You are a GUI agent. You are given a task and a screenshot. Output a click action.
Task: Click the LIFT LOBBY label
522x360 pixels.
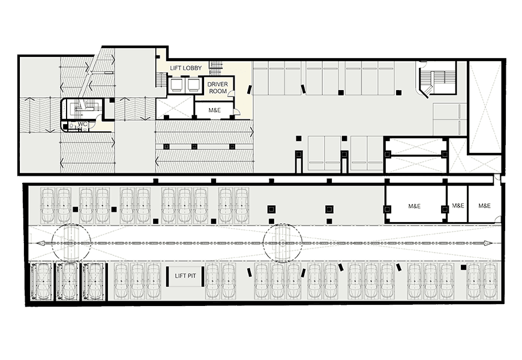point(186,68)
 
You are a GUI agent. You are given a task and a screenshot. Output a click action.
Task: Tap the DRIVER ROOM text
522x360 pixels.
point(218,88)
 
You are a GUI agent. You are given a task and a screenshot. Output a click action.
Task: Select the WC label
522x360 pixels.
point(83,124)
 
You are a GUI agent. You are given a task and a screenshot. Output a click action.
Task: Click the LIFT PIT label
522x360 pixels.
point(185,276)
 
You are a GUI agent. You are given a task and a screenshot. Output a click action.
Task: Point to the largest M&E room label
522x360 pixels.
point(414,206)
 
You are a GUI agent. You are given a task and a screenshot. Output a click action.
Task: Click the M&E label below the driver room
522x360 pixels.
point(214,110)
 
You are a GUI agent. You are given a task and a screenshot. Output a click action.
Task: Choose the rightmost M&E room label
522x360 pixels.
point(484,206)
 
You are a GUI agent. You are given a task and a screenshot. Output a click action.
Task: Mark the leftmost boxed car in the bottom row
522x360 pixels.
point(41,282)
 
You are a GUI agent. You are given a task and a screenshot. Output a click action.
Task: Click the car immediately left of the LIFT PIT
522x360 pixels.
point(153,281)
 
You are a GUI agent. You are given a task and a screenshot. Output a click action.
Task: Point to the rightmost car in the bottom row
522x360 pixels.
point(490,281)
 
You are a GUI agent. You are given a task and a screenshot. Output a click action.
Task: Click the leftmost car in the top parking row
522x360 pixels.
point(47,205)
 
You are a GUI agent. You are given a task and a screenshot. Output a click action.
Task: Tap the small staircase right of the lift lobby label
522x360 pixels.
point(215,68)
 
